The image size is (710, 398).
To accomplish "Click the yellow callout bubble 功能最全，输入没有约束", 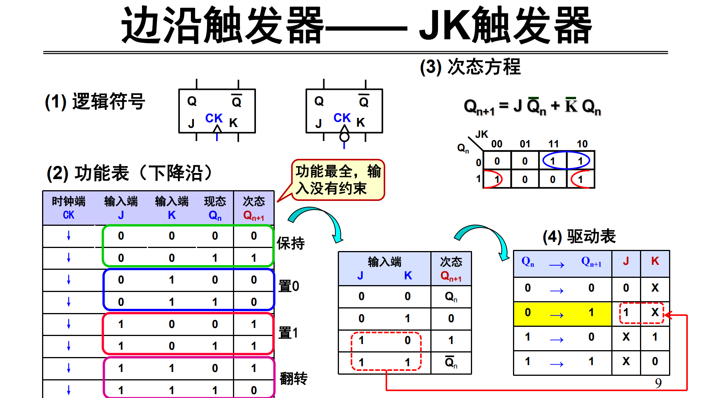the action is (x=338, y=180).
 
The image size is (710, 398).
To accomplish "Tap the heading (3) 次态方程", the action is (x=470, y=67).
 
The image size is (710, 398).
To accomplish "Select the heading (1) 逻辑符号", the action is (x=95, y=102).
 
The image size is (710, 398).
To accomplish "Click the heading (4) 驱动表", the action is (x=579, y=237).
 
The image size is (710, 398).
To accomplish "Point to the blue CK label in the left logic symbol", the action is (x=214, y=118).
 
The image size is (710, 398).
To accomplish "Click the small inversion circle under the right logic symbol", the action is (x=344, y=137).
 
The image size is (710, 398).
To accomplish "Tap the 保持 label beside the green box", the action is (x=291, y=243).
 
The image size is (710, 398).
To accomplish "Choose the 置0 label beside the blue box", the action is (x=289, y=286).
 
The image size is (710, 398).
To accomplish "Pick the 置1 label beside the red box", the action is (x=288, y=333).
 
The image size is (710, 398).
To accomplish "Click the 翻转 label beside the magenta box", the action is (x=293, y=378).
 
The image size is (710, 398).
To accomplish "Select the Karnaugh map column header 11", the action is (x=554, y=144).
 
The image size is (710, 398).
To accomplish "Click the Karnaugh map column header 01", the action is (x=525, y=144).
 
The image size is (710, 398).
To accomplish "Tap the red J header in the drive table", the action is (x=626, y=261).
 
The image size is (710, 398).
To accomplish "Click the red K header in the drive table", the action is (x=655, y=261).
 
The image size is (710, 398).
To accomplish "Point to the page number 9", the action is (x=658, y=383).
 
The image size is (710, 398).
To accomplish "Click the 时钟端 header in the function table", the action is (x=68, y=201).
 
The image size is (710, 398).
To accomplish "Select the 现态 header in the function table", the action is (x=215, y=201).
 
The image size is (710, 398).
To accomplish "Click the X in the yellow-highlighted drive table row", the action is (x=655, y=312).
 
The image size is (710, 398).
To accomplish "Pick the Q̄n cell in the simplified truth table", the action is (x=451, y=362).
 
